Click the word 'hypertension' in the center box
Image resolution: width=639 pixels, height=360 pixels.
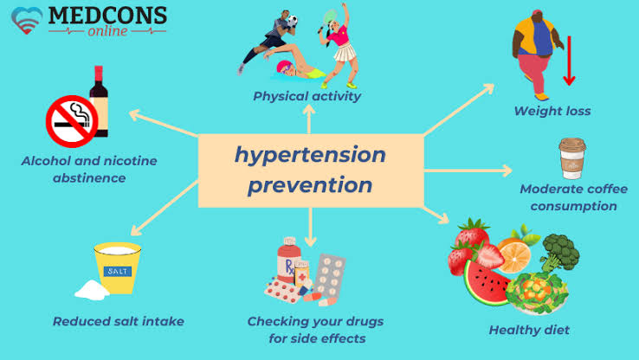tap(309, 155)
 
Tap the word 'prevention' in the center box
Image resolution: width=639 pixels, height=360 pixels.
tap(309, 184)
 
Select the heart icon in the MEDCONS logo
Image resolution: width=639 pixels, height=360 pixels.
tap(27, 19)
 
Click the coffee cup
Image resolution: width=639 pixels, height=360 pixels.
tap(571, 158)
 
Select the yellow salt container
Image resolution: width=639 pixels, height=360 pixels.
tap(117, 269)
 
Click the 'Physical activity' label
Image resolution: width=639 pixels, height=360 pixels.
tap(307, 96)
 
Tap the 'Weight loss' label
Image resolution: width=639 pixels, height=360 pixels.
tap(552, 111)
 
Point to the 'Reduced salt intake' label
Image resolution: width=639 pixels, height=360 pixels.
tap(118, 321)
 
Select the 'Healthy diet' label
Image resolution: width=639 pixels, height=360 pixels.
tap(529, 330)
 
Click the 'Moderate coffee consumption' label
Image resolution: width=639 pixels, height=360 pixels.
tap(568, 197)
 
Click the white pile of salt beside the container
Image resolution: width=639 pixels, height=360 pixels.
tap(89, 289)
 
